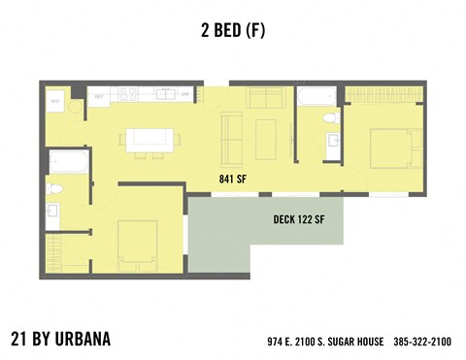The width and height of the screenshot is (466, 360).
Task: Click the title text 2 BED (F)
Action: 233,30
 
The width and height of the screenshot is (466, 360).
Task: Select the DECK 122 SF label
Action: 299,219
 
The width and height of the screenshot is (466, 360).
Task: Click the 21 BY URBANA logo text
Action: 60,339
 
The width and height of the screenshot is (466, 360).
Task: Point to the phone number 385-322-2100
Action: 422,342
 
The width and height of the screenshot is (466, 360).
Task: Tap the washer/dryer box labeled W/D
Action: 55,101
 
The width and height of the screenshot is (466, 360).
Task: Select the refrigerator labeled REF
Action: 99,96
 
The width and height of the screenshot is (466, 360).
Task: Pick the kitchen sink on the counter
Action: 166,95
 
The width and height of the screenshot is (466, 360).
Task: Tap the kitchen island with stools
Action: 149,140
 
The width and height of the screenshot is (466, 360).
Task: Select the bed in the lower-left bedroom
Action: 137,243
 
